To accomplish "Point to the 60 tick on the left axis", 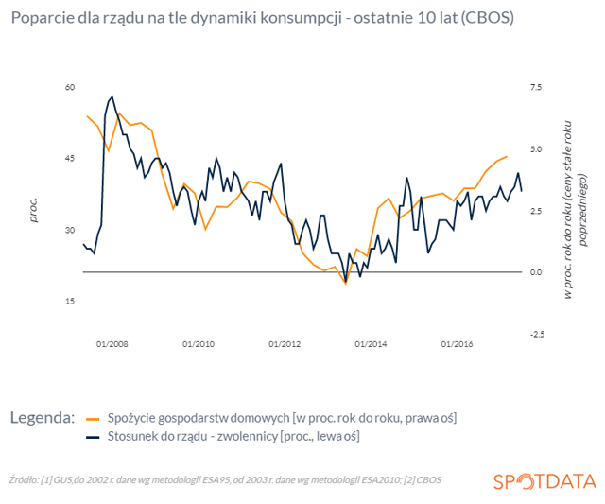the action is pyautogui.click(x=70, y=87).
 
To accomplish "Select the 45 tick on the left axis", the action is pyautogui.click(x=70, y=159).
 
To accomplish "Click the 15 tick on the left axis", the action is pyautogui.click(x=70, y=302).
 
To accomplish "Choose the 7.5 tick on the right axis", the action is pyautogui.click(x=536, y=87).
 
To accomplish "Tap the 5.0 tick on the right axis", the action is pyautogui.click(x=536, y=149).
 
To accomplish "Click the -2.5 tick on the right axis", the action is pyautogui.click(x=537, y=334).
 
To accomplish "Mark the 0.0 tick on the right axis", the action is pyautogui.click(x=536, y=272).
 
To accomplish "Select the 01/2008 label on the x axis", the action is pyautogui.click(x=112, y=344).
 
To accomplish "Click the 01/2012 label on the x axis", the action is pyautogui.click(x=285, y=344).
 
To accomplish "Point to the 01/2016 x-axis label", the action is pyautogui.click(x=457, y=344).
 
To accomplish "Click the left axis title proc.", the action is pyautogui.click(x=34, y=210).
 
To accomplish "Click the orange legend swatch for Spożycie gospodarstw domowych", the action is pyautogui.click(x=93, y=419).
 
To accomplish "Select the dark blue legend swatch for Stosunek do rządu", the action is pyautogui.click(x=93, y=437).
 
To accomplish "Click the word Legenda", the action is pyautogui.click(x=43, y=418).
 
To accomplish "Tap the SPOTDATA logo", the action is pyautogui.click(x=544, y=481).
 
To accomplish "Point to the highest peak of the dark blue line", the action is pyautogui.click(x=112, y=96).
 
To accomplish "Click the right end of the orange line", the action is pyautogui.click(x=507, y=156).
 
